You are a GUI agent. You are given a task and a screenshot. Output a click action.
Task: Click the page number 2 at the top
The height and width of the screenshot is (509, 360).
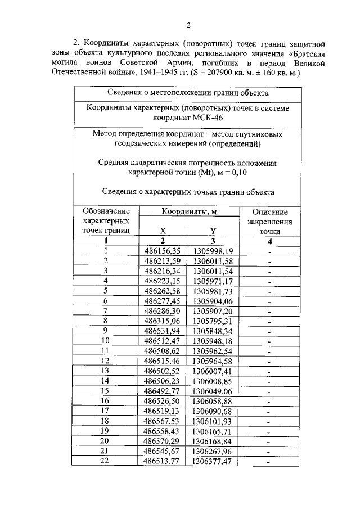[189, 25]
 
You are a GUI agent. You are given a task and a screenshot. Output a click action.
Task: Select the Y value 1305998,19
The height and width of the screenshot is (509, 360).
[212, 251]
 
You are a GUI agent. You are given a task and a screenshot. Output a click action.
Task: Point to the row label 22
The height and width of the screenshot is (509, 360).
[104, 461]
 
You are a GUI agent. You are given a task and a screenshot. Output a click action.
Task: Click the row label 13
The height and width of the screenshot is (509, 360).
[105, 370]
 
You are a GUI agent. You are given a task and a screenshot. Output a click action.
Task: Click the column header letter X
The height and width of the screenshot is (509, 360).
[163, 231]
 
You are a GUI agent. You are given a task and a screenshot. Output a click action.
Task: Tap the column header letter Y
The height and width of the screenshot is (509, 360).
[213, 231]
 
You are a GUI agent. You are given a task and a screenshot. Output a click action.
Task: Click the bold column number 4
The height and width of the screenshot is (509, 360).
[270, 241]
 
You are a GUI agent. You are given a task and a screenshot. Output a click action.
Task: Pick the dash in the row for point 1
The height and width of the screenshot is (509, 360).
[270, 251]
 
